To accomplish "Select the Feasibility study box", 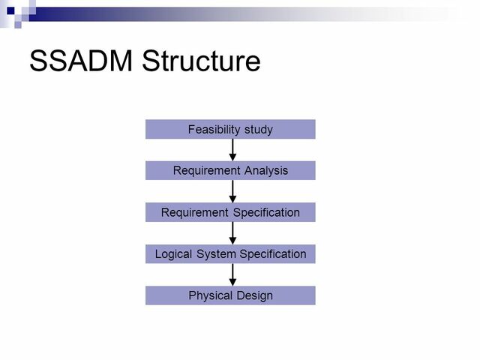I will click(230, 129).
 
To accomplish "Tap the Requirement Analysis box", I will click(230, 171).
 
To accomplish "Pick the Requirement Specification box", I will click(230, 212).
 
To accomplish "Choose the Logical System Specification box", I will click(230, 254).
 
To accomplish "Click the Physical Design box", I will click(230, 295).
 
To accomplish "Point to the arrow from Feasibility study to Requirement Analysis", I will click(233, 150).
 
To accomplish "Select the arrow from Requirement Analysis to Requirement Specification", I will click(233, 191).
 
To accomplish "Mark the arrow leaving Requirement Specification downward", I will click(233, 233).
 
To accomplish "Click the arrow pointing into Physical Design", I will click(233, 274).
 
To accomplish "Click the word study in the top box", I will click(258, 130).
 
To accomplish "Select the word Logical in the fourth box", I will click(174, 254).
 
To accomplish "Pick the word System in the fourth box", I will click(216, 254).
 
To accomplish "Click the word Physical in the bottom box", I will click(209, 295).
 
